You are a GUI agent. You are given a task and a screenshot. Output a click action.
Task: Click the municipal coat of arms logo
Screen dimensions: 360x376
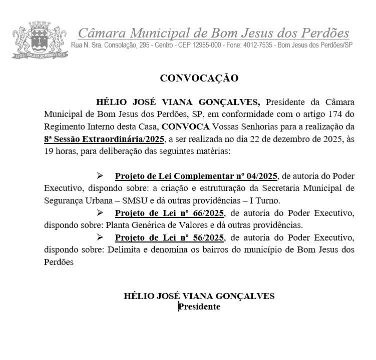point(38,39)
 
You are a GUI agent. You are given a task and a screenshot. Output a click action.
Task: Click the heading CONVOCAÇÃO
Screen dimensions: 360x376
point(199,78)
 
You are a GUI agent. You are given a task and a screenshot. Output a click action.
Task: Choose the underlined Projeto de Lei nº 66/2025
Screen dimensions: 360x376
point(169,213)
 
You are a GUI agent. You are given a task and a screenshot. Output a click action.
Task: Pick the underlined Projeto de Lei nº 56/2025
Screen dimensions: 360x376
point(169,236)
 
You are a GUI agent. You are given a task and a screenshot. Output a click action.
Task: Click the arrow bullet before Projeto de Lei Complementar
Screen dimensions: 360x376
point(100,176)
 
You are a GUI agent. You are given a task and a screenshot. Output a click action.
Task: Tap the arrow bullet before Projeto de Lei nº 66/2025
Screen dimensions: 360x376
point(100,213)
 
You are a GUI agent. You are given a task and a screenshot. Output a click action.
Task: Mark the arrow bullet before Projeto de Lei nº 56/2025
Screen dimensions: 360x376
point(100,236)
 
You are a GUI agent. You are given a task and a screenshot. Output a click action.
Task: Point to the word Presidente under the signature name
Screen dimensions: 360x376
point(200,306)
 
